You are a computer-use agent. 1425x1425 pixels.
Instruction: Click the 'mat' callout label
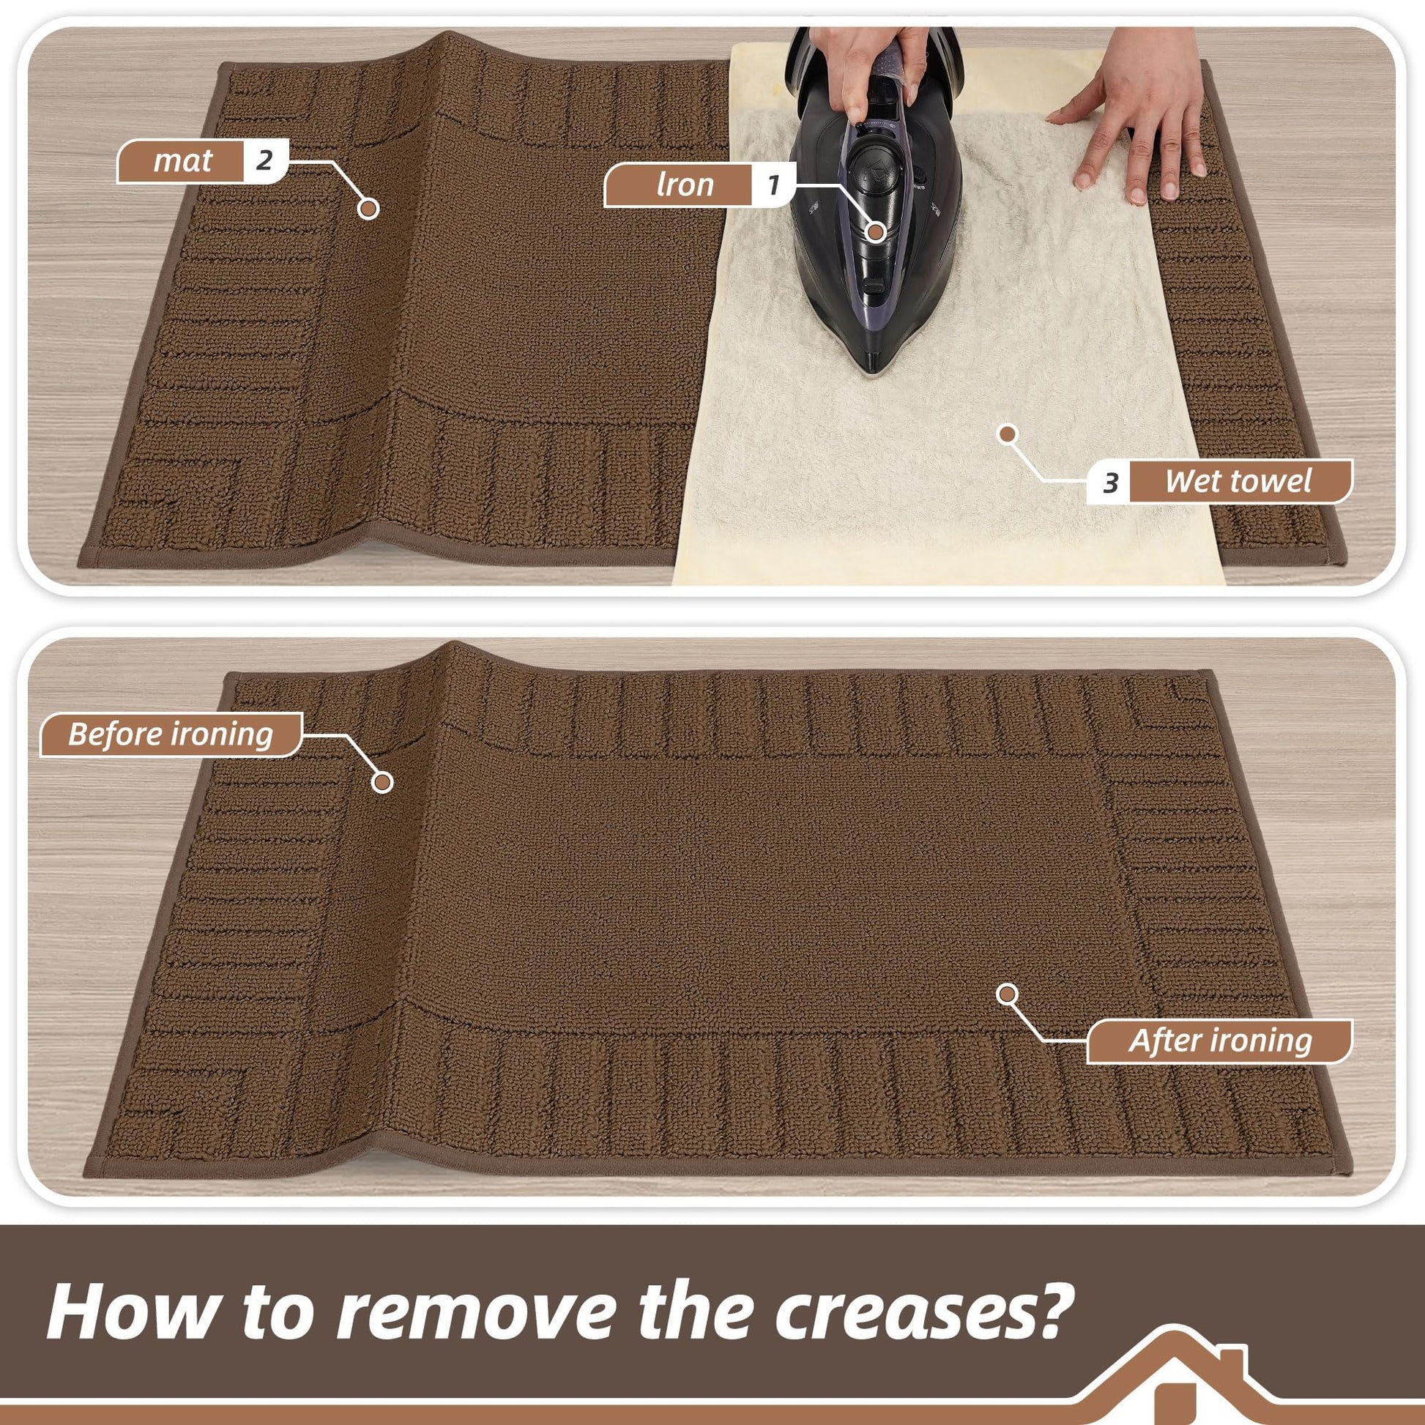(x=182, y=160)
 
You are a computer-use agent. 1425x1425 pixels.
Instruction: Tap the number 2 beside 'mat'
(x=264, y=160)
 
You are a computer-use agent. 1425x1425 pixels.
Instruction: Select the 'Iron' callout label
(x=685, y=185)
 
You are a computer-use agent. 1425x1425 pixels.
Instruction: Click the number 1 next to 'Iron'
(x=773, y=185)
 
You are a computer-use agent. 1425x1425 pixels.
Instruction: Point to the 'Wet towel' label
(x=1238, y=481)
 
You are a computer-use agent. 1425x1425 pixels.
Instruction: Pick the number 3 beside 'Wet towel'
(x=1111, y=483)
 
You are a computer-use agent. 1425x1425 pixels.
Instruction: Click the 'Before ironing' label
(x=171, y=734)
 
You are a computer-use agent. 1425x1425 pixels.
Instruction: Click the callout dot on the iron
(x=875, y=231)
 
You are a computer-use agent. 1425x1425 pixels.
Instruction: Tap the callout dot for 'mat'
(x=368, y=209)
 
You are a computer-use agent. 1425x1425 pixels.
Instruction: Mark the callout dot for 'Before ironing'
(x=382, y=782)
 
